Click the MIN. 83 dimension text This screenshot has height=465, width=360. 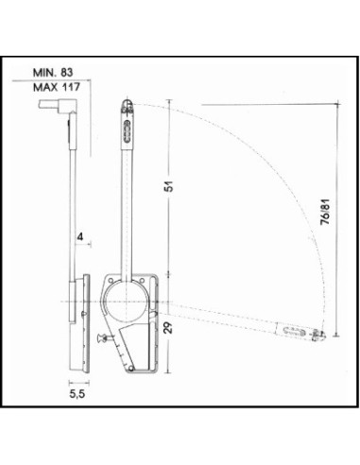point(53,73)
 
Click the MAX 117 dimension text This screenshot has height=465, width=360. point(57,87)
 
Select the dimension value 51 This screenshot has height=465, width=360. point(170,186)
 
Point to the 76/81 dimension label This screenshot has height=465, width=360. point(325,212)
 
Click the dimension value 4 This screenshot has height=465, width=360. point(80,236)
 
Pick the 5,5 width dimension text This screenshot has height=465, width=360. point(77,394)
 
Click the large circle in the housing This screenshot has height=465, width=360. point(104,301)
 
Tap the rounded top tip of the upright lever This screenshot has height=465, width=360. point(127,101)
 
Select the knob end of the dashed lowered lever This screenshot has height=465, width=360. point(318,336)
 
